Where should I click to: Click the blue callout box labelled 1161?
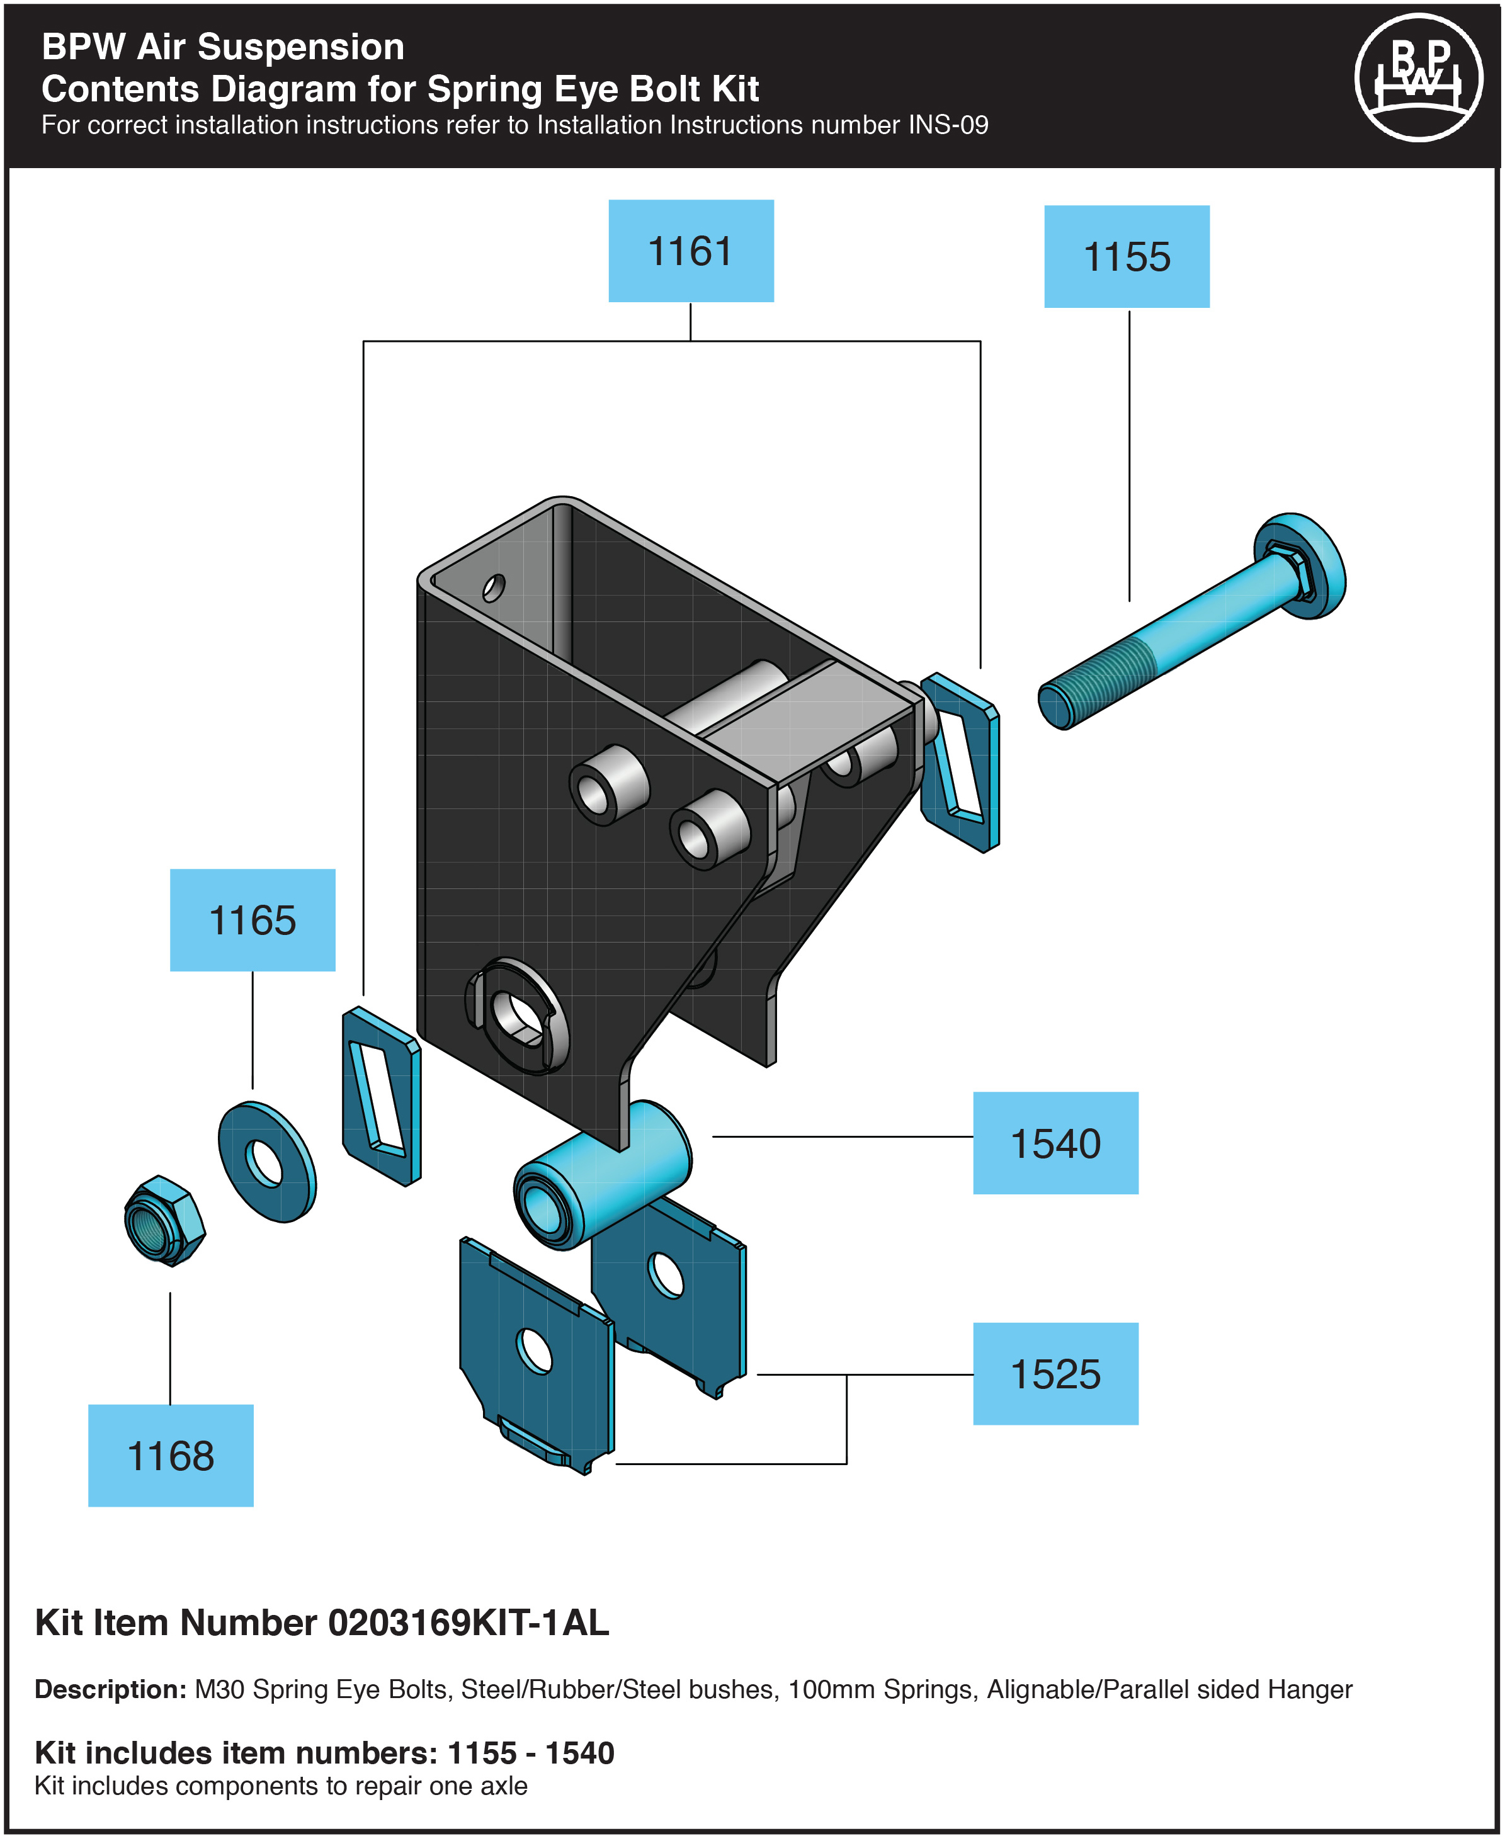point(691,251)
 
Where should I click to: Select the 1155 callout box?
point(1126,256)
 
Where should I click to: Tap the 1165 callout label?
point(253,920)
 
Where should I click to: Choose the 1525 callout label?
point(1055,1374)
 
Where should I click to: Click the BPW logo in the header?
point(1418,78)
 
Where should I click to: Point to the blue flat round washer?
point(267,1162)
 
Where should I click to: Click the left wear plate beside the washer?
point(382,1096)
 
